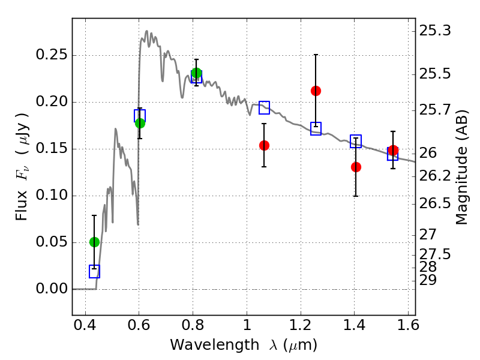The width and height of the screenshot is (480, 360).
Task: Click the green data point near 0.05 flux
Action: coord(94,242)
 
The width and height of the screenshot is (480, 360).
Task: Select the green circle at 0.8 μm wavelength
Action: coord(197,73)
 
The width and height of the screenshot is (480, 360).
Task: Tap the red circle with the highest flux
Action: coord(316,91)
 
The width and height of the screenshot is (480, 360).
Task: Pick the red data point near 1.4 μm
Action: coord(356,167)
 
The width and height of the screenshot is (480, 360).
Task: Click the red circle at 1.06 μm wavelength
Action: coord(264,145)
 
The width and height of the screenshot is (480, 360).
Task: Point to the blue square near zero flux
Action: coord(94,272)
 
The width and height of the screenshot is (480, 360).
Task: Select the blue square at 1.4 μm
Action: coord(356,141)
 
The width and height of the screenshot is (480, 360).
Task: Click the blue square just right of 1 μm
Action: coord(264,107)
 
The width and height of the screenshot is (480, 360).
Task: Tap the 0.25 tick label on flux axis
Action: coord(52,55)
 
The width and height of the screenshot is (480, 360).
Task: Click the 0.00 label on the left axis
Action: coord(52,289)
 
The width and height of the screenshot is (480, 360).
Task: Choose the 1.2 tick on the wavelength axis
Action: coord(301,325)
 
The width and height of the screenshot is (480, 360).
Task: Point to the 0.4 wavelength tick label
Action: coord(85,325)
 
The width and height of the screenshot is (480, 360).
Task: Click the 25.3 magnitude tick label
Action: coord(435,31)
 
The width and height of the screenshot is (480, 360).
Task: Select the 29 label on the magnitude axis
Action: coord(428,280)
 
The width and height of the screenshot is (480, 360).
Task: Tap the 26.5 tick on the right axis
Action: coord(435,203)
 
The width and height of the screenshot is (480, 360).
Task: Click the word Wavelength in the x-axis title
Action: coord(215,345)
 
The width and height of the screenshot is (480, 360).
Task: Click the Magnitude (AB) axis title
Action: coord(461,167)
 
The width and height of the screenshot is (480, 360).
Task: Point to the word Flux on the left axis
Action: coord(22,205)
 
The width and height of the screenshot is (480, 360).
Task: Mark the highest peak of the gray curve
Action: coord(146,31)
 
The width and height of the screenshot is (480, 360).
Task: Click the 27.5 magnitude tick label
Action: coord(435,254)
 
